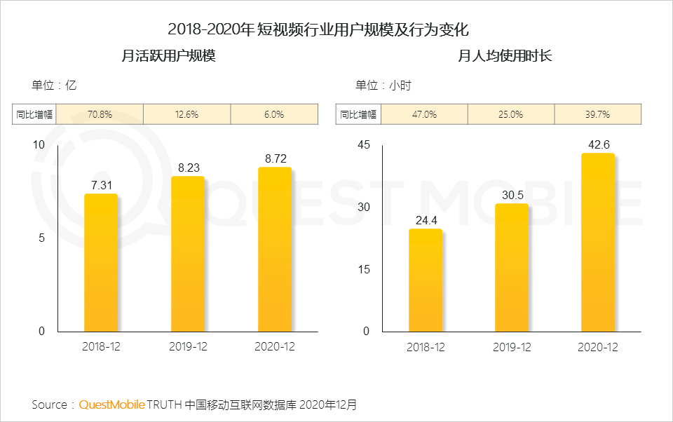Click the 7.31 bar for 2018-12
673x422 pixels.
coord(101,263)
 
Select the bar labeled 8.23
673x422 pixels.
coord(188,254)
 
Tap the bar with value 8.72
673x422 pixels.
coord(275,250)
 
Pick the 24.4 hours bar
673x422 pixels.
coord(426,280)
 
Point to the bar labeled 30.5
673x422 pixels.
coord(512,268)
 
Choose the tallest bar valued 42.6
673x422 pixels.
coord(598,243)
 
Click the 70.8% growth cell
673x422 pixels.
coord(99,114)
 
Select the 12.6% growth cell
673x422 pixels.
coord(186,114)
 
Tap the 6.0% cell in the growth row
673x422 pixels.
coord(274,114)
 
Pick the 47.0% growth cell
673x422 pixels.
coord(423,114)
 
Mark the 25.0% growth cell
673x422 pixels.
coord(510,114)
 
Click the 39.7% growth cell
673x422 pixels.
coord(598,114)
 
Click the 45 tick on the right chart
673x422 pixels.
coord(362,144)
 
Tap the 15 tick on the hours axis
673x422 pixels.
coord(362,269)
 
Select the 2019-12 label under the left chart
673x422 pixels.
coord(188,347)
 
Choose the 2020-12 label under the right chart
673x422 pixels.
coord(598,347)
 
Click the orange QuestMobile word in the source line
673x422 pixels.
coord(112,405)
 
